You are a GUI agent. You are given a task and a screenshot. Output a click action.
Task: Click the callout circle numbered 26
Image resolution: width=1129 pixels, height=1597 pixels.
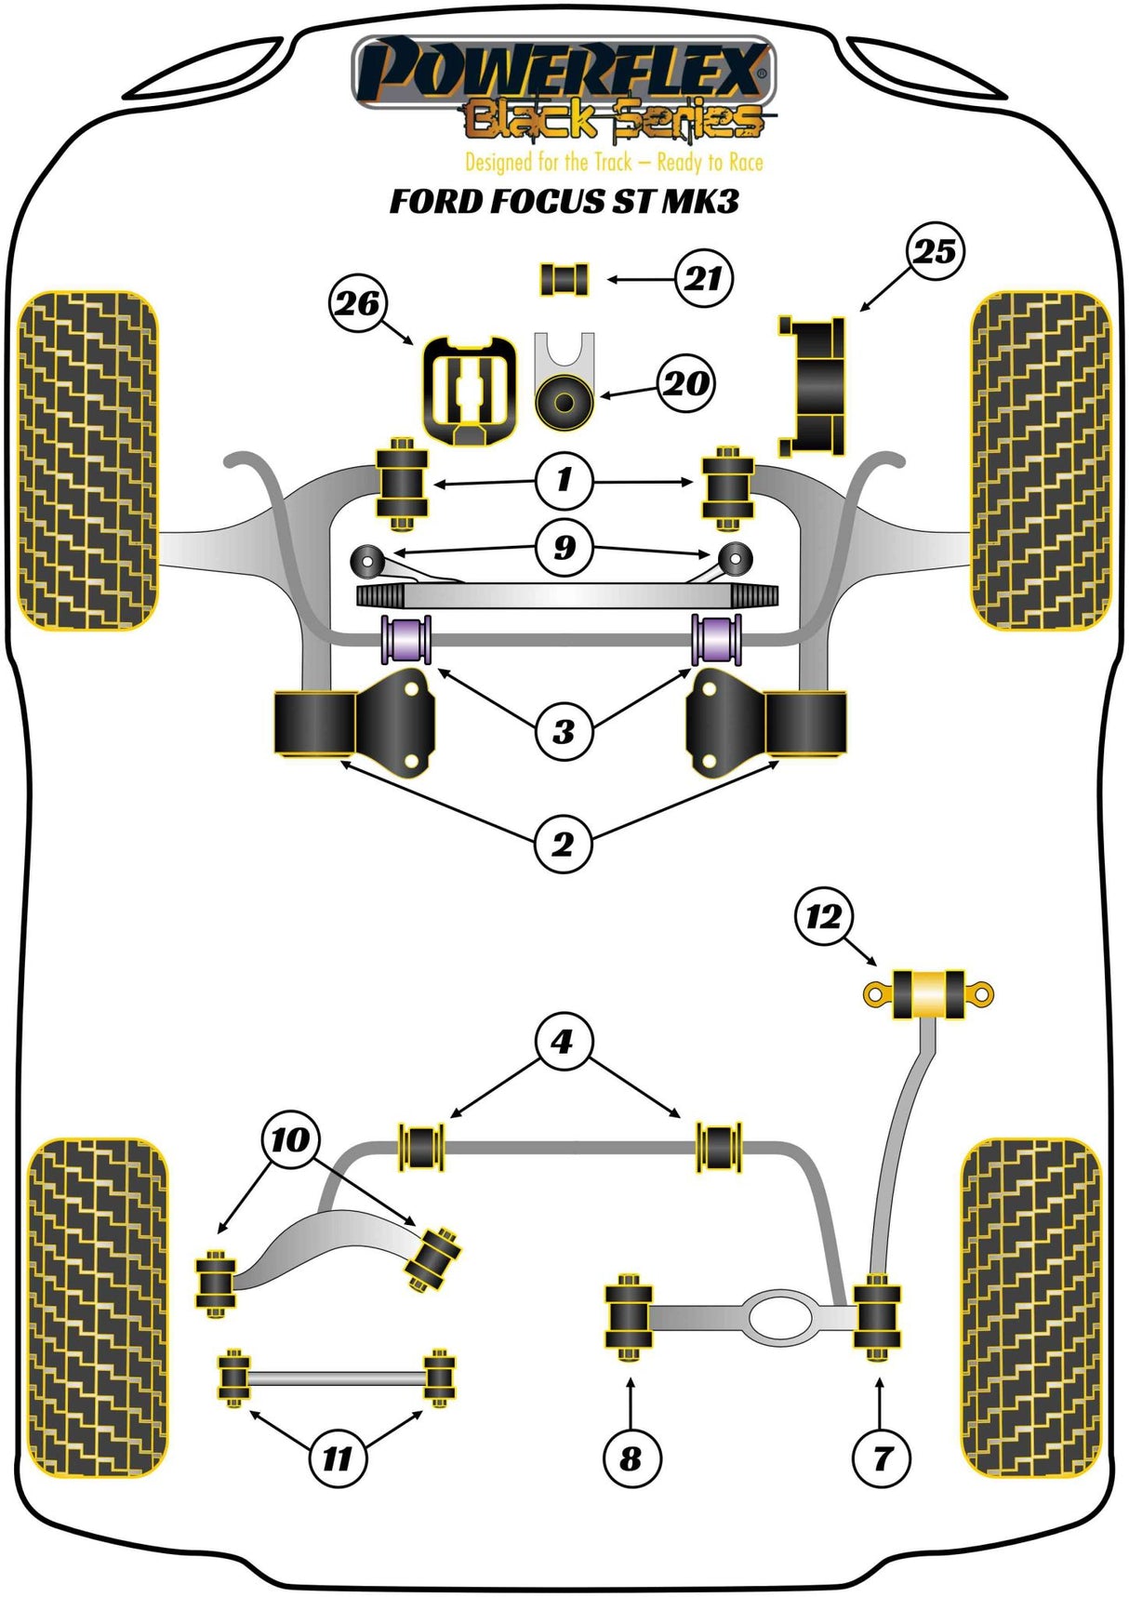pos(358,303)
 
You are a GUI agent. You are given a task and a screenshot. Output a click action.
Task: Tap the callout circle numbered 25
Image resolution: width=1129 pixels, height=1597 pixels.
pos(935,251)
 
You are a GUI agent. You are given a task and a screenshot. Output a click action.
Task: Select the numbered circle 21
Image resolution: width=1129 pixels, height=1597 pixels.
pos(703,278)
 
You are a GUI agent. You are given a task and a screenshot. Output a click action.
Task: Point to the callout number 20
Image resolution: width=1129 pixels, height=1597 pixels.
pos(686,383)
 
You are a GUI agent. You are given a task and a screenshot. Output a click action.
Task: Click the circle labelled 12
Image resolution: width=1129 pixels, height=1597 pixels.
pos(823,917)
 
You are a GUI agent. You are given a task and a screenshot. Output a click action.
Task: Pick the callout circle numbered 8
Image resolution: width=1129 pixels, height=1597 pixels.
pos(631,1458)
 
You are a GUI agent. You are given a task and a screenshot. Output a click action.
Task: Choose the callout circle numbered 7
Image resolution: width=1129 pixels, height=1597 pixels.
pos(881,1458)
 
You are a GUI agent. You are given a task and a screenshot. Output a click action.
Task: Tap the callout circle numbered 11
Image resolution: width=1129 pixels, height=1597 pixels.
pos(337,1458)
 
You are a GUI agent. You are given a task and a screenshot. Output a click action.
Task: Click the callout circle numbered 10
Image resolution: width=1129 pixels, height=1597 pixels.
pos(290,1139)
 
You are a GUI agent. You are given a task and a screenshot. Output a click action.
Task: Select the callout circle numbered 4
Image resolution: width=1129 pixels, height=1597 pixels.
pos(562,1042)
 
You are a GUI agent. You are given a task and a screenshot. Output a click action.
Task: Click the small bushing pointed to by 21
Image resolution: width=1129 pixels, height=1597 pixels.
pos(564,279)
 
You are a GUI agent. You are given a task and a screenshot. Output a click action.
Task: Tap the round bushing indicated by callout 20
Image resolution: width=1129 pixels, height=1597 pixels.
pos(564,401)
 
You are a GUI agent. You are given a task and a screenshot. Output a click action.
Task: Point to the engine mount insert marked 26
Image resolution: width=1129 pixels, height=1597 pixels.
pos(470,389)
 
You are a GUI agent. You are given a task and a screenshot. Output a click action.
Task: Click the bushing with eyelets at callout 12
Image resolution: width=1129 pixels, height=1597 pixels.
pos(928,993)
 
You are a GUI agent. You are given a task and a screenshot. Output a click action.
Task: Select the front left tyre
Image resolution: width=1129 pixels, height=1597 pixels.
pos(88,460)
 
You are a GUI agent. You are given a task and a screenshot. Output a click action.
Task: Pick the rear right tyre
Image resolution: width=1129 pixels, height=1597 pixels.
pos(1029,1307)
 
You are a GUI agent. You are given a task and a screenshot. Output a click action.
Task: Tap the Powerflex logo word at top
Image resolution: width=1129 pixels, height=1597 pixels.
pos(564,70)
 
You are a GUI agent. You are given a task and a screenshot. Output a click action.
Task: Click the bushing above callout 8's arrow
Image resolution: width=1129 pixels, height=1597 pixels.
pos(630,1319)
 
